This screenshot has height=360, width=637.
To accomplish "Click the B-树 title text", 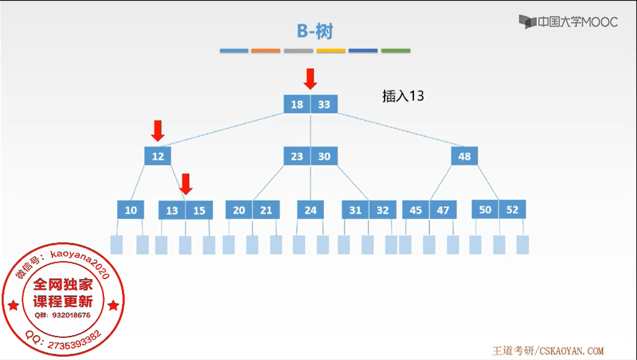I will [315, 31].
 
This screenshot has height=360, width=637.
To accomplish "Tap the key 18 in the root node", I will [297, 104].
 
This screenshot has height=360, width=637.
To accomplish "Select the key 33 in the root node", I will [324, 104].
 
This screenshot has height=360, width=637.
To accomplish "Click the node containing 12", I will [158, 156].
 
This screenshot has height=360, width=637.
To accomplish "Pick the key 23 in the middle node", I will [297, 156].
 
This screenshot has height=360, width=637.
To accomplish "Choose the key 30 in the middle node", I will [324, 156].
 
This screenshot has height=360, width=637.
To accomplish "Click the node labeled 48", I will [464, 156].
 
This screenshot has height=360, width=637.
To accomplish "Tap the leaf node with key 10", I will [131, 210].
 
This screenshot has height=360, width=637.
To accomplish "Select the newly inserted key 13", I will [172, 210].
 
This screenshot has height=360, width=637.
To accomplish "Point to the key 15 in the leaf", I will [199, 210].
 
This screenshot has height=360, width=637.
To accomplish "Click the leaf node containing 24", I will [310, 210].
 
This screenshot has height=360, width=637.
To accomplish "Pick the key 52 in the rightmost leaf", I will [512, 209].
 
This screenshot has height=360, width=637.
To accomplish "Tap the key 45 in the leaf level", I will [416, 210].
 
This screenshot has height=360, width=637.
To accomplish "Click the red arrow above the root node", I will [310, 79].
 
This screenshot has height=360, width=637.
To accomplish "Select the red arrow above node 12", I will [158, 131].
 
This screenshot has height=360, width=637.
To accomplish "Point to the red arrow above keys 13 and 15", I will [186, 184].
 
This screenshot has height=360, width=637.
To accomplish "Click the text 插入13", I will [403, 96].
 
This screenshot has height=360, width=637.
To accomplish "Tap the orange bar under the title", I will [265, 51].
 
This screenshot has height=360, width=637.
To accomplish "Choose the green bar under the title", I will [396, 51].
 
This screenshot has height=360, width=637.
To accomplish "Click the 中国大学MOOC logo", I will [568, 22].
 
